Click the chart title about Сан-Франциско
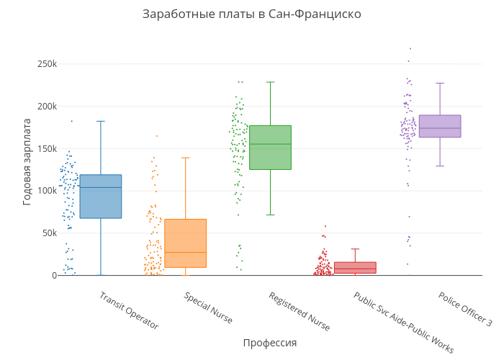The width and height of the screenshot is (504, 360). (x=251, y=14)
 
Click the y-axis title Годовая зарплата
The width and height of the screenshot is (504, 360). (x=27, y=161)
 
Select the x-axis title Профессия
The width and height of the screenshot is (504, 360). (x=269, y=343)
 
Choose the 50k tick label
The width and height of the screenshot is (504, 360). (x=48, y=233)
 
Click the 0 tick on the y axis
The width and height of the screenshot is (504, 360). (x=53, y=275)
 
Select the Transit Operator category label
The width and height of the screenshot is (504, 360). (x=128, y=310)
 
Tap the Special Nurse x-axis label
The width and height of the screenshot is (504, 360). (x=208, y=307)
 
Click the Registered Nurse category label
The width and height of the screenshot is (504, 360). (x=299, y=311)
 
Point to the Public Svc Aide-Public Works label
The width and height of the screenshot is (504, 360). (x=403, y=322)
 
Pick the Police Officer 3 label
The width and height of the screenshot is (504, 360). (x=465, y=309)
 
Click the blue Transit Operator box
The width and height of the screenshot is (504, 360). (x=100, y=196)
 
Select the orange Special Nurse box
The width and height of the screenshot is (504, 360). (x=185, y=243)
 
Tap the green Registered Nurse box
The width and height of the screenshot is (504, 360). (x=270, y=148)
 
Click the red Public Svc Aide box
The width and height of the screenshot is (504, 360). (x=355, y=267)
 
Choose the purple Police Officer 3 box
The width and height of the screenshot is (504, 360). (x=440, y=126)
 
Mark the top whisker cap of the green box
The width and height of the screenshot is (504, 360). (x=270, y=82)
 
